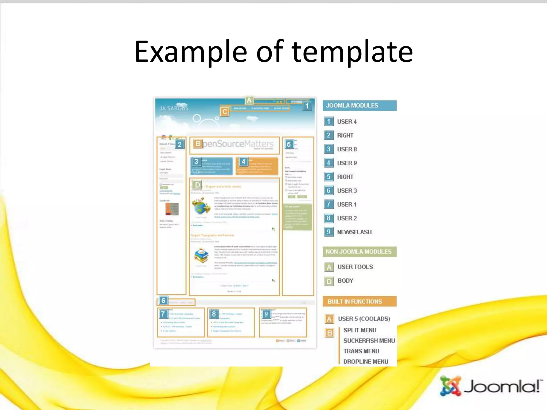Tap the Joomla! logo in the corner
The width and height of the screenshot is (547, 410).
tap(490, 386)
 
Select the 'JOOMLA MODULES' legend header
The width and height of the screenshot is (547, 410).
tap(359, 105)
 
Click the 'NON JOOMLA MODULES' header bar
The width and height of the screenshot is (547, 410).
tap(359, 252)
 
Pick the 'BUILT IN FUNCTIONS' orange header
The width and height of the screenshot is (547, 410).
tap(359, 302)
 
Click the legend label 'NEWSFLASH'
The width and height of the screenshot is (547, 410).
tap(354, 232)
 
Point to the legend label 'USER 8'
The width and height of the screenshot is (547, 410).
tap(347, 149)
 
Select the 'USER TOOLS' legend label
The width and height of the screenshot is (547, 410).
tap(355, 267)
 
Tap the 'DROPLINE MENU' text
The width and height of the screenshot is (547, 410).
tap(366, 361)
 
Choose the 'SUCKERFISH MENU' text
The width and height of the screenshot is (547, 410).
tap(369, 341)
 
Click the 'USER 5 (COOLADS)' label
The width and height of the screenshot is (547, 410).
tap(364, 319)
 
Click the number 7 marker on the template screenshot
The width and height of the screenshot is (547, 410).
tap(163, 314)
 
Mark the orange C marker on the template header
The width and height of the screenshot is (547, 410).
tap(225, 112)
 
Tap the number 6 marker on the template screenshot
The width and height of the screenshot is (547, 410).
tap(163, 301)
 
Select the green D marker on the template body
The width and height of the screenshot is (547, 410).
tap(197, 185)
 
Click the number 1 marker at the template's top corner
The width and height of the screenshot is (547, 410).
tap(307, 106)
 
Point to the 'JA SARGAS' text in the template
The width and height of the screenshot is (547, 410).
tap(174, 108)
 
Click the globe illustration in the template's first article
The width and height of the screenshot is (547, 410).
tap(201, 206)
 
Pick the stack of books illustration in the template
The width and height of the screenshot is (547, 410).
tap(201, 256)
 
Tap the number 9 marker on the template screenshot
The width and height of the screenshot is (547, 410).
tap(266, 314)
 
